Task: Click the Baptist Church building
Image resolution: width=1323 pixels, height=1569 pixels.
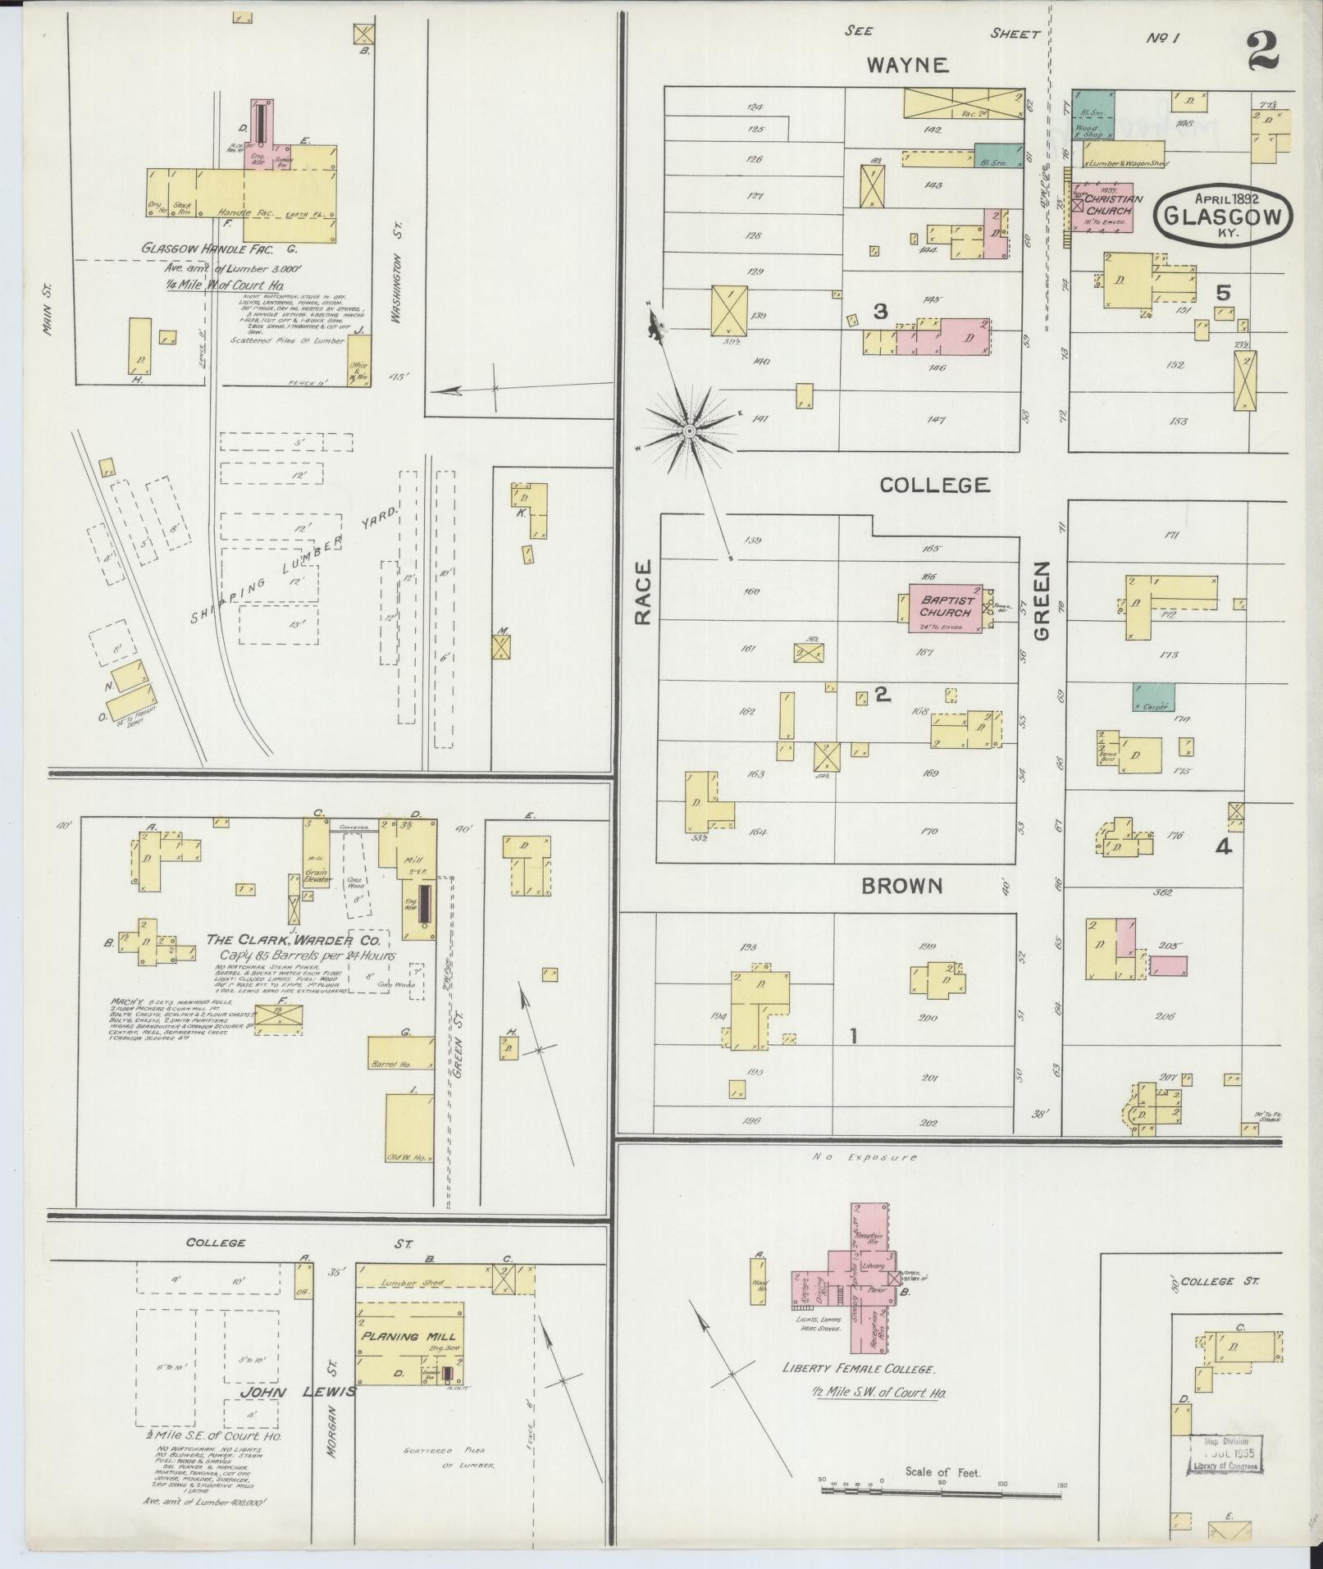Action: point(945,607)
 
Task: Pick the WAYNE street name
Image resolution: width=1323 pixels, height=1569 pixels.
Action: point(908,65)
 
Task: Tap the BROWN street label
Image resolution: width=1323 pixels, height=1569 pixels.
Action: point(901,886)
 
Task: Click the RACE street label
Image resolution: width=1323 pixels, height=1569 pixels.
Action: point(642,592)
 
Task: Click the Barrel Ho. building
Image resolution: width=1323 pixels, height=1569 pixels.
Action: point(400,1051)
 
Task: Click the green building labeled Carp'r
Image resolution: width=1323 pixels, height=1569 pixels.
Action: point(1153,697)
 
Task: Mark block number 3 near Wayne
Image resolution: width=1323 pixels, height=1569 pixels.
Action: point(880,312)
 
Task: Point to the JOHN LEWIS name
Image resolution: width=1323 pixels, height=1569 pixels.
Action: point(298,1391)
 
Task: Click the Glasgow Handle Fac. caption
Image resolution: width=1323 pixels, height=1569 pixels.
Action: point(219,248)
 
